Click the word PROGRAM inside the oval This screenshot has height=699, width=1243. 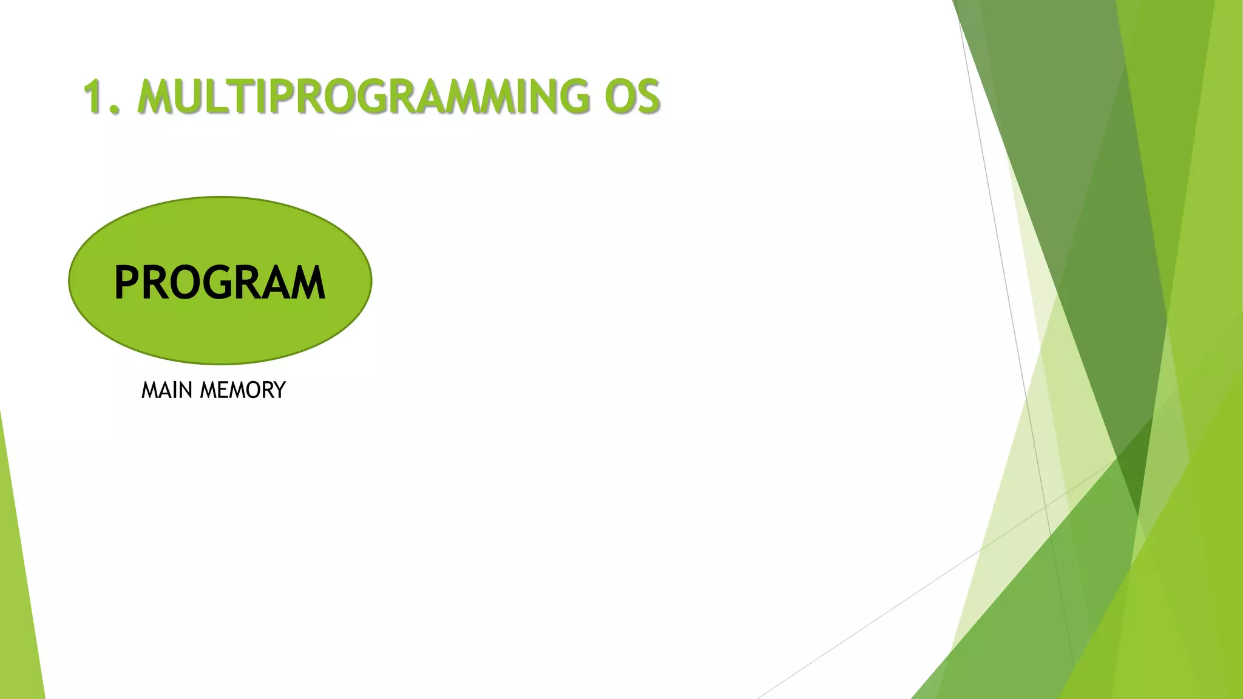220,283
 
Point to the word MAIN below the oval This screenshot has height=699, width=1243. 167,390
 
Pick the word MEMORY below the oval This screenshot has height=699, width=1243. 243,390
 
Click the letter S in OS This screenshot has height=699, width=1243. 646,97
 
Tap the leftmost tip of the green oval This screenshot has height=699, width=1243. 69,280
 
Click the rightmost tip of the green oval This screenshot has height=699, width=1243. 371,280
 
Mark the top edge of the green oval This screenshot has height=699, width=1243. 220,197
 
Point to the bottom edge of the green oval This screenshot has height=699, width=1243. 220,363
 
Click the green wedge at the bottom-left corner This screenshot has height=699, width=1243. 15,607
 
